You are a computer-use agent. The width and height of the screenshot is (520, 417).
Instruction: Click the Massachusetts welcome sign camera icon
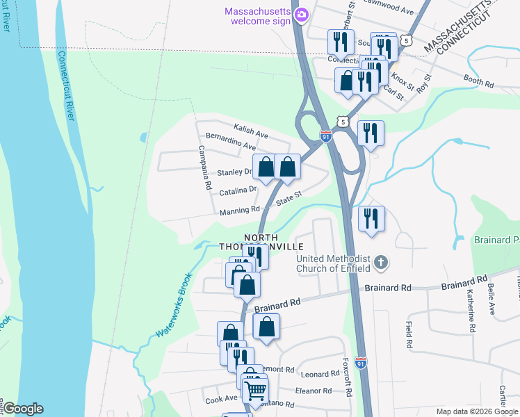pyautogui.click(x=301, y=14)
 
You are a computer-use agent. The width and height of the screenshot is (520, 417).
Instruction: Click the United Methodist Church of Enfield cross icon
pyautogui.click(x=380, y=263)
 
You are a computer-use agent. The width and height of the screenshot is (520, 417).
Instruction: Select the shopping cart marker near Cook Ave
pyautogui.click(x=255, y=393)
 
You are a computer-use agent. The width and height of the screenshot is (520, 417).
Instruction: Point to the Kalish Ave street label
pyautogui.click(x=252, y=133)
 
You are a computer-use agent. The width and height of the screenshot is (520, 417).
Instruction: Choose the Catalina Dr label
pyautogui.click(x=238, y=189)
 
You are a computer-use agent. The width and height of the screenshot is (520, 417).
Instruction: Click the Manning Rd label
pyautogui.click(x=240, y=210)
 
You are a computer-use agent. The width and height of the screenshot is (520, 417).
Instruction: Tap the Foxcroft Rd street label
pyautogui.click(x=348, y=377)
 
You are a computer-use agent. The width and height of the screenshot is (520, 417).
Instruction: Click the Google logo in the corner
pyautogui.click(x=22, y=409)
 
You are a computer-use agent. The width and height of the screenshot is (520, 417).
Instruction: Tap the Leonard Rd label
pyautogui.click(x=320, y=374)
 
